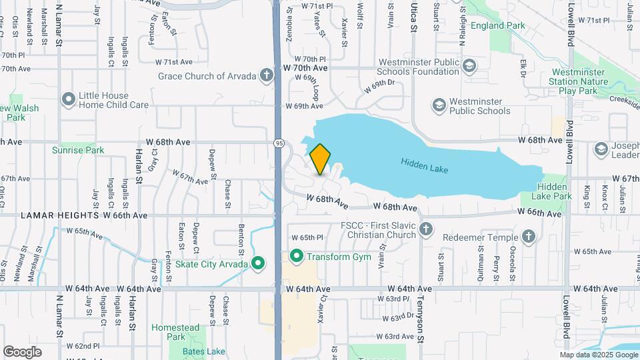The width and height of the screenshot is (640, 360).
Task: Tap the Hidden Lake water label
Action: [x=425, y=165]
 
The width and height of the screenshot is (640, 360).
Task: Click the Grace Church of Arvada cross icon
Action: [x=267, y=75]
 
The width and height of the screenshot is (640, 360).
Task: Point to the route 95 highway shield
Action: [x=279, y=143]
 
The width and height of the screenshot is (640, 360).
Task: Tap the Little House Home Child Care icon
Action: [x=68, y=100]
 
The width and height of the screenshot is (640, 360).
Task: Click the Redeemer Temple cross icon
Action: [x=528, y=237]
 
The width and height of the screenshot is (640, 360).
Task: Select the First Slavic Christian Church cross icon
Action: [x=427, y=231]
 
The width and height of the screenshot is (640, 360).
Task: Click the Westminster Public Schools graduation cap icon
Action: [x=439, y=105]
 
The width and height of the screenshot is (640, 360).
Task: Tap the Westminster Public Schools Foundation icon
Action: [x=470, y=66]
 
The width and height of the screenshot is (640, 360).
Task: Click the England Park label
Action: [x=497, y=26]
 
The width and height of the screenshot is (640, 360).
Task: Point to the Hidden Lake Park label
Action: [x=554, y=192]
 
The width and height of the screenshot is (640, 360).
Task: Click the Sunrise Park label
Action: [x=78, y=150]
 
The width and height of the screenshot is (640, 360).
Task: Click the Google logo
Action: [x=22, y=351]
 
